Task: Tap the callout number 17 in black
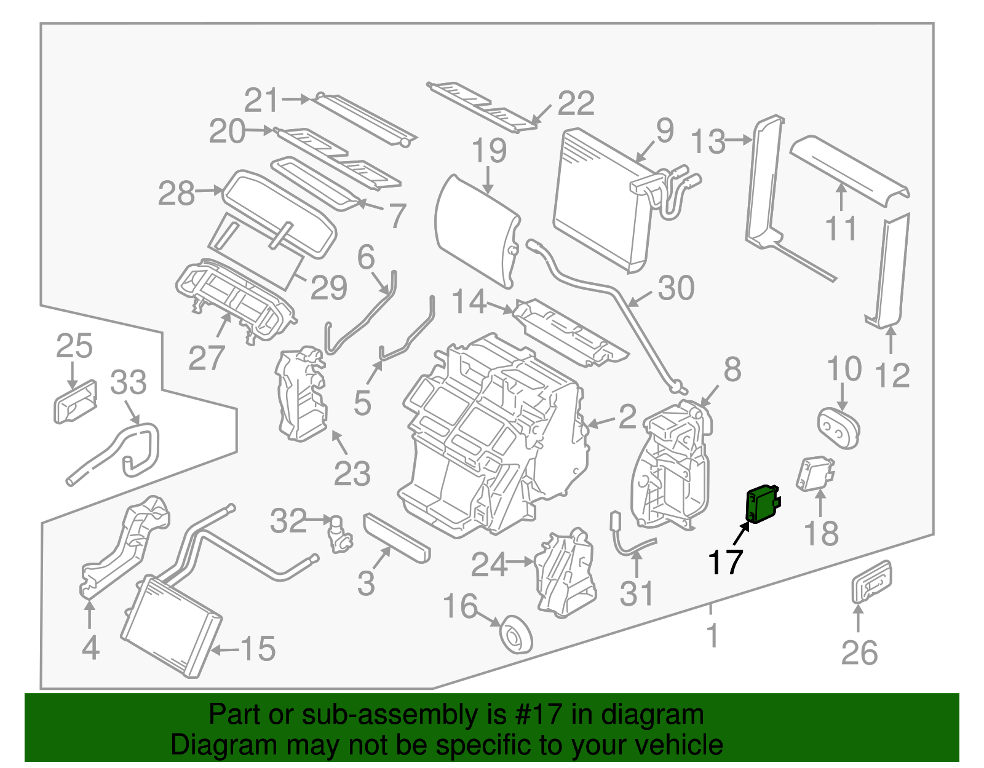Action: (x=726, y=562)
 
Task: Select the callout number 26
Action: (x=859, y=653)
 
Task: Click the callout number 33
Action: (x=129, y=382)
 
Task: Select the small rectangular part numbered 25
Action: (x=75, y=402)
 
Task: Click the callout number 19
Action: (x=490, y=151)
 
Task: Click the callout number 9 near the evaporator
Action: (x=665, y=130)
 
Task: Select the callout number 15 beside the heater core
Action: (x=258, y=649)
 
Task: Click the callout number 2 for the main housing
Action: (x=627, y=418)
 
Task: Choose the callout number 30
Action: (x=676, y=288)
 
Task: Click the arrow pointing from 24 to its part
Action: (x=520, y=561)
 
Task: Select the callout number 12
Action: (x=892, y=375)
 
